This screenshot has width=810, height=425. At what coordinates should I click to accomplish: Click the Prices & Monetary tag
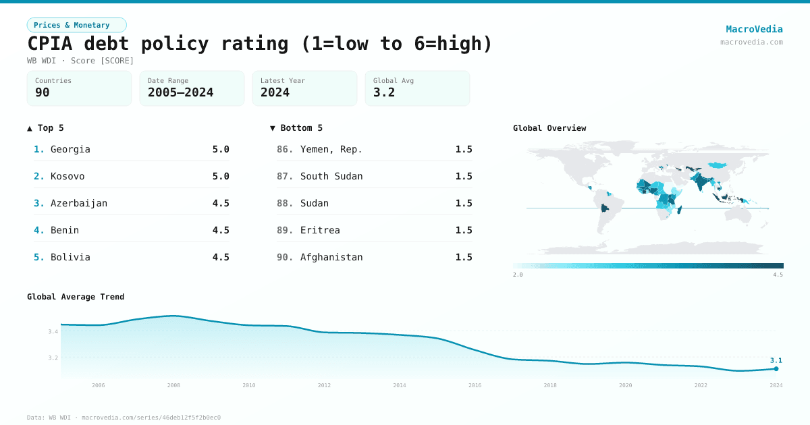[x=76, y=25]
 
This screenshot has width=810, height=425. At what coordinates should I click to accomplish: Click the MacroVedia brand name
[x=754, y=29]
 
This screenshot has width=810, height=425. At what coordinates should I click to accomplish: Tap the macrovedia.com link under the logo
[x=751, y=42]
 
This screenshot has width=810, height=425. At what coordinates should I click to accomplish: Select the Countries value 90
[x=43, y=92]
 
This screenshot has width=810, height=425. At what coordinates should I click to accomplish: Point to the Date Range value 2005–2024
[x=180, y=92]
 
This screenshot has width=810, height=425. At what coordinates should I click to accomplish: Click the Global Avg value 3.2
[x=384, y=92]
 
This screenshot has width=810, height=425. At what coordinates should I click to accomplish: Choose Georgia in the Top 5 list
[x=70, y=149]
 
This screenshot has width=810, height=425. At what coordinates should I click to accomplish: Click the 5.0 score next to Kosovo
[x=221, y=176]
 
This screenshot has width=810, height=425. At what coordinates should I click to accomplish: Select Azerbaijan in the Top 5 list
[x=79, y=203]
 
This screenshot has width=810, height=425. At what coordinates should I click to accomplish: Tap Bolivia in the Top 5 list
[x=70, y=257]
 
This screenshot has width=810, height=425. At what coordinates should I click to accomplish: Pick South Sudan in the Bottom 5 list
[x=331, y=176]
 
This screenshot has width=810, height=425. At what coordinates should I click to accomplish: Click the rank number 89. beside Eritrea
[x=285, y=230]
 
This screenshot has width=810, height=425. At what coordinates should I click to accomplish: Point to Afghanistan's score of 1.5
[x=464, y=257]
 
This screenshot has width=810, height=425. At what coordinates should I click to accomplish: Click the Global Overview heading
[x=549, y=128]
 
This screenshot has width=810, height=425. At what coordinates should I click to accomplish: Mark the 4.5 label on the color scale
[x=778, y=275]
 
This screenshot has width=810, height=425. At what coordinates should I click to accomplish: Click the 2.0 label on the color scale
[x=518, y=275]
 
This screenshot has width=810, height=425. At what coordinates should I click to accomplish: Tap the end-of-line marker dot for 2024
[x=776, y=368]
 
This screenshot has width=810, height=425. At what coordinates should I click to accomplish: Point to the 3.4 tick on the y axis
[x=53, y=331]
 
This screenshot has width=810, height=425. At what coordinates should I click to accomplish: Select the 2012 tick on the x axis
[x=325, y=385]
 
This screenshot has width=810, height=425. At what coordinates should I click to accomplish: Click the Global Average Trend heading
[x=76, y=297]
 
